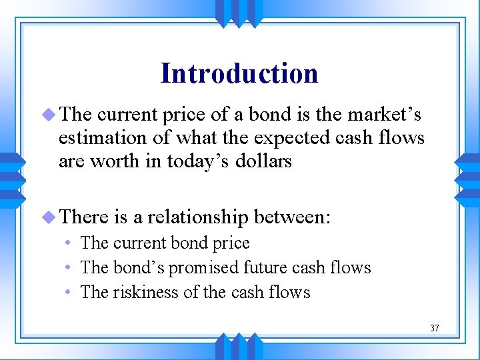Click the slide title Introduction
click(239, 73)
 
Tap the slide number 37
click(434, 328)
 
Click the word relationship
click(197, 217)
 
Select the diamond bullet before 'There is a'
click(50, 217)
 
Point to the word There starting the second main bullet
click(84, 217)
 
